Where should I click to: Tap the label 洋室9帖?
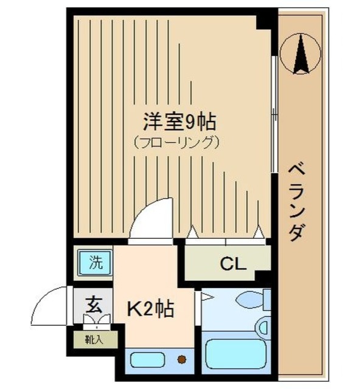pyautogui.click(x=179, y=122)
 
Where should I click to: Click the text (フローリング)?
pyautogui.click(x=176, y=143)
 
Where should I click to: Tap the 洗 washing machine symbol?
pyautogui.click(x=94, y=263)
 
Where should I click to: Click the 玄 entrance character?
pyautogui.click(x=93, y=302)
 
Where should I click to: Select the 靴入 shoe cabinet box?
pyautogui.click(x=93, y=339)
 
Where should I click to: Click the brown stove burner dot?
pyautogui.click(x=181, y=359)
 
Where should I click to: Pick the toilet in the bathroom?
pyautogui.click(x=251, y=300)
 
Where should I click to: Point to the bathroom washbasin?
pyautogui.click(x=263, y=327)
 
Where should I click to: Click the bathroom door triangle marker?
pyautogui.click(x=206, y=297)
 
